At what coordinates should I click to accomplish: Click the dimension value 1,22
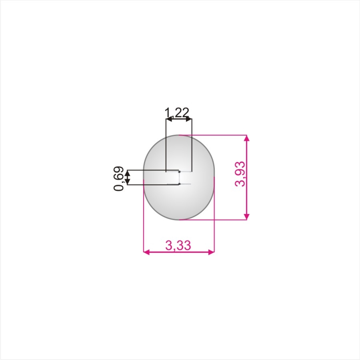click(x=177, y=112)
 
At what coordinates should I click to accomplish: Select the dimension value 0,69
click(x=119, y=179)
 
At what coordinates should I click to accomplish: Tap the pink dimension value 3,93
click(x=240, y=174)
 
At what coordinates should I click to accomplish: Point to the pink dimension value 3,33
click(x=178, y=245)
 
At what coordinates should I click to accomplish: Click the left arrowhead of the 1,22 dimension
click(x=169, y=119)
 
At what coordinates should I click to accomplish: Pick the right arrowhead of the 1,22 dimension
click(x=189, y=119)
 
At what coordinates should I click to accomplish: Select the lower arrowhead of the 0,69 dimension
click(x=128, y=182)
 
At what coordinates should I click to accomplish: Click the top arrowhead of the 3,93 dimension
click(x=246, y=138)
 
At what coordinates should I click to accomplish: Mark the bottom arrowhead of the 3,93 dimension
click(x=246, y=216)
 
